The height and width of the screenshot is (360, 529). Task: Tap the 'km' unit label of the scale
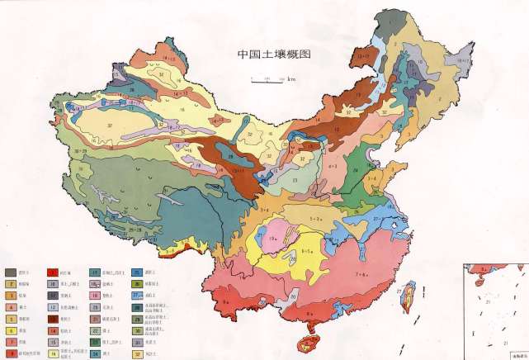292,79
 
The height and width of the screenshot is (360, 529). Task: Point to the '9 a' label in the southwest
226,302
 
